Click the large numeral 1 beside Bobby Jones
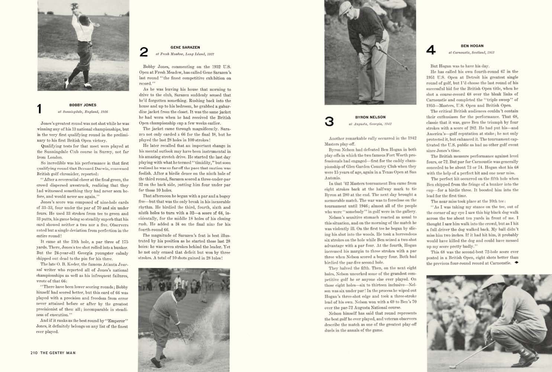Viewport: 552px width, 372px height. (39, 109)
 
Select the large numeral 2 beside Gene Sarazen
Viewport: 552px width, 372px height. (143, 52)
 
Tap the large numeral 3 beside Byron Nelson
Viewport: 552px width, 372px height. (329, 121)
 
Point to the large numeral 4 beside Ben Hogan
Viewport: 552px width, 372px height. (431, 50)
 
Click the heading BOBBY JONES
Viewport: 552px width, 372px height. (83, 105)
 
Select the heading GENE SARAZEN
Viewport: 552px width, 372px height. (185, 47)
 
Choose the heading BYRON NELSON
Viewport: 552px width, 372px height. (370, 117)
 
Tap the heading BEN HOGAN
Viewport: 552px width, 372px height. (472, 46)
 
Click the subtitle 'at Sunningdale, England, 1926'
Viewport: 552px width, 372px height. (83, 112)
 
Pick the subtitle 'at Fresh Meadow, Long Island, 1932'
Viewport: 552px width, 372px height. (185, 54)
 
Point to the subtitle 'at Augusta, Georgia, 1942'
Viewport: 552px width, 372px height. (370, 124)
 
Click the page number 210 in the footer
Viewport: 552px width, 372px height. (34, 353)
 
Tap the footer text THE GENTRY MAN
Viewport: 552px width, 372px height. (58, 353)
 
